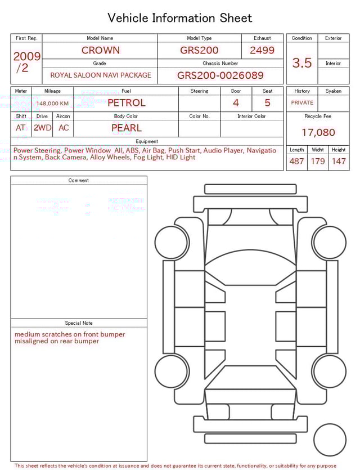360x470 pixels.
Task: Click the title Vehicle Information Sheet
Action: pos(180,18)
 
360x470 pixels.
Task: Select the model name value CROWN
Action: pos(100,50)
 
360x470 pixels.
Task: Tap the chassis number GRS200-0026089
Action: pos(220,75)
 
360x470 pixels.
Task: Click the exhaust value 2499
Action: pos(262,50)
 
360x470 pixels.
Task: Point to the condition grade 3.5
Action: pos(302,63)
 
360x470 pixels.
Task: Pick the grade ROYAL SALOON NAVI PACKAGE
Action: pos(101,75)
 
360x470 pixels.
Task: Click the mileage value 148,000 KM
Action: pos(52,104)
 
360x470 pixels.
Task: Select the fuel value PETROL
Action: pos(126,102)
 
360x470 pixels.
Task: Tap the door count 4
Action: pos(236,103)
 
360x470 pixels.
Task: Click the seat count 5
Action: pos(267,103)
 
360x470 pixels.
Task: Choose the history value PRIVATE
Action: pos(302,103)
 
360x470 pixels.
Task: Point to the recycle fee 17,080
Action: pos(318,133)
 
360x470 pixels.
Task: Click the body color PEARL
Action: pos(126,128)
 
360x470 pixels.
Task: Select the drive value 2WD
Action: pos(42,128)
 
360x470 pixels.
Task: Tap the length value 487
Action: pos(296,161)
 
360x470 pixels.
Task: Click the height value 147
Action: pos(338,161)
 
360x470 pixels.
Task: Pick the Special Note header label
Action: pos(79,323)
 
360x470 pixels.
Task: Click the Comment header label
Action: pos(79,181)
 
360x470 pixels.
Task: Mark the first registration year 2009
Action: pos(26,56)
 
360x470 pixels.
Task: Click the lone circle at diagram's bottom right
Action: pos(330,440)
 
